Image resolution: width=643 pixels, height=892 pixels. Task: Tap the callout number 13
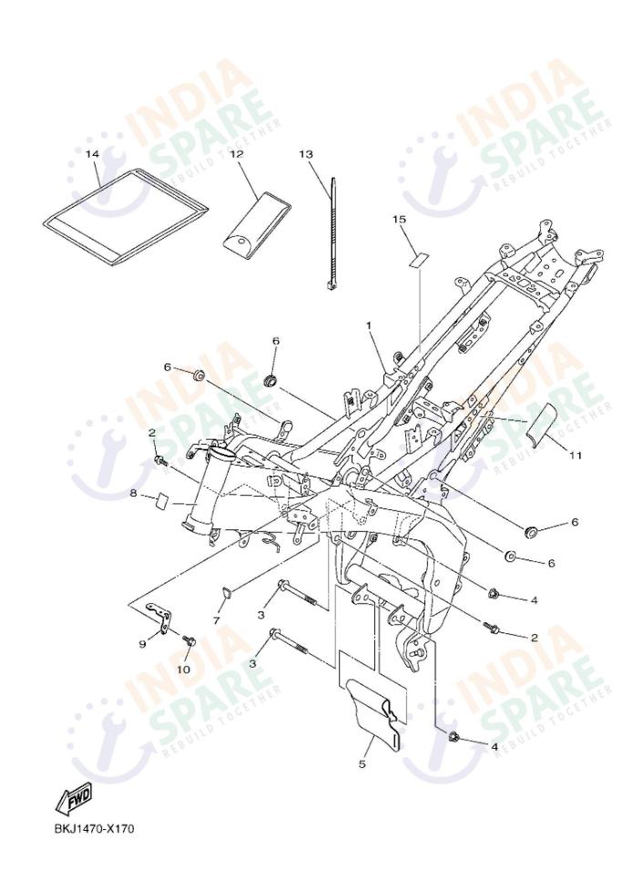click(x=306, y=154)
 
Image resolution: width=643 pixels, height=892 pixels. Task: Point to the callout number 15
click(x=399, y=220)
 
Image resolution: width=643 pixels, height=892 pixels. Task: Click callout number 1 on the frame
click(x=370, y=324)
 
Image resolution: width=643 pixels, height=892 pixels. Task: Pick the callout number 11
click(x=575, y=453)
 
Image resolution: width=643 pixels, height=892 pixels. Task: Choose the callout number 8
click(x=133, y=493)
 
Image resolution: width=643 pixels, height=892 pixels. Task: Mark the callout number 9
click(x=142, y=644)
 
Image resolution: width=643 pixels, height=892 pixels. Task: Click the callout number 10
click(x=183, y=669)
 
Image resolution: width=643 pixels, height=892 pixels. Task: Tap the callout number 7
click(x=217, y=620)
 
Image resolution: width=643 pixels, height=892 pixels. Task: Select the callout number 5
click(x=362, y=764)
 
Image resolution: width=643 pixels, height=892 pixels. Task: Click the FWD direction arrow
click(x=74, y=800)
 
